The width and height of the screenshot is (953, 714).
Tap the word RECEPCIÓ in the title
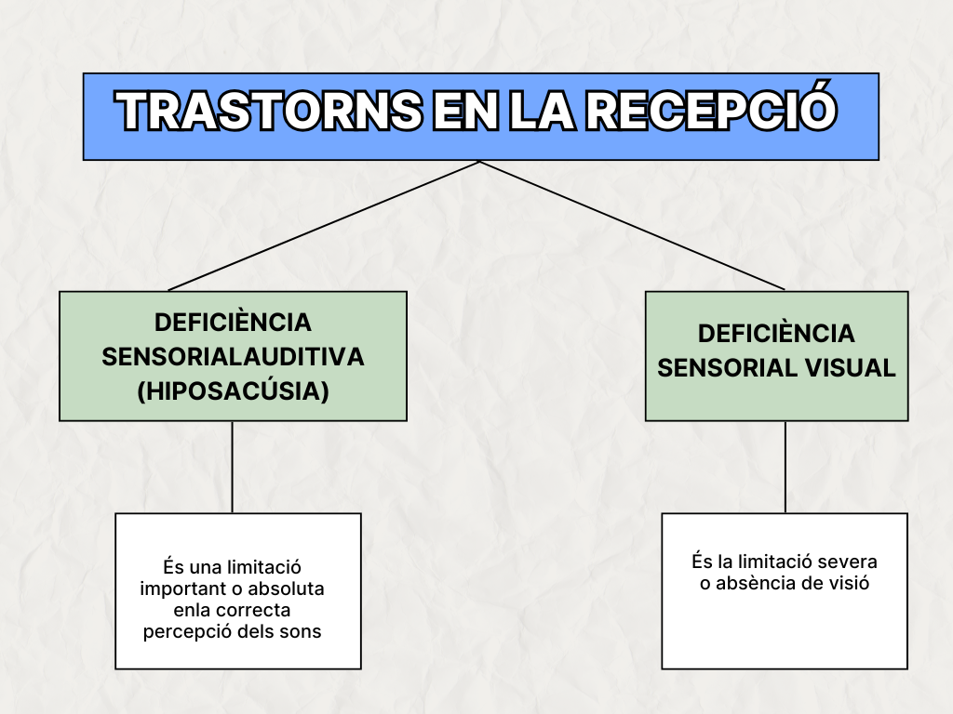711,111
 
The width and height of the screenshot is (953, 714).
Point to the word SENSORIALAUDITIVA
233,357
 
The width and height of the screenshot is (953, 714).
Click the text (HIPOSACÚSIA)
233,391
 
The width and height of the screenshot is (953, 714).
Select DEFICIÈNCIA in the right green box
776,333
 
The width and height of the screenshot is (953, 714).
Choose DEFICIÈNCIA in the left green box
233,322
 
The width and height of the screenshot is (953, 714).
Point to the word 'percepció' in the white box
182,631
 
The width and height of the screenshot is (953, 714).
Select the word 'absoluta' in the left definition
289,588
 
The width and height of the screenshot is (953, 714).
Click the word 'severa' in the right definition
847,562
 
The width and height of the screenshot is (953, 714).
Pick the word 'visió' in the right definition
847,584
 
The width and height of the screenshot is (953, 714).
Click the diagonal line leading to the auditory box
324,226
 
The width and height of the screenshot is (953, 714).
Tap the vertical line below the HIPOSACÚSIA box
232,467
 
